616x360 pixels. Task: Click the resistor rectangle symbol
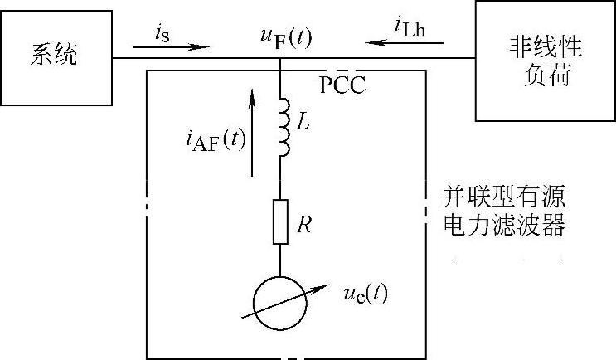281,221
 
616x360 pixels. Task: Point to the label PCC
342,84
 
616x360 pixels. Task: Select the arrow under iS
170,46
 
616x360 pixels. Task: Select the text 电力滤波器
506,226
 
